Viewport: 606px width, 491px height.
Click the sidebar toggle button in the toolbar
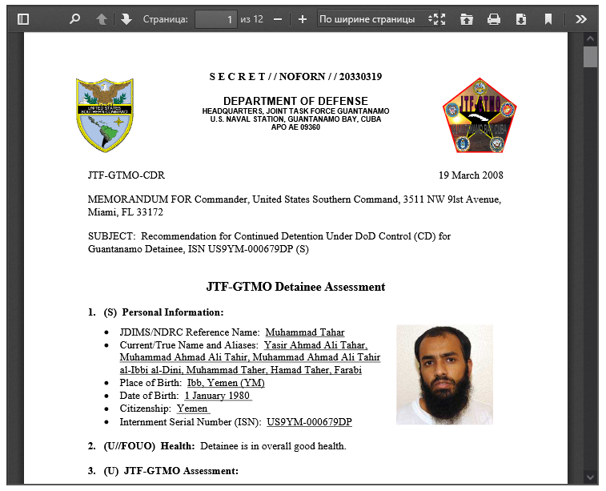(x=23, y=18)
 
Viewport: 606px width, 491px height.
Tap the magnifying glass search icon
(x=74, y=18)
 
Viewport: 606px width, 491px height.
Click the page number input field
(x=215, y=18)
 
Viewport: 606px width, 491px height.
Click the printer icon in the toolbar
(x=494, y=18)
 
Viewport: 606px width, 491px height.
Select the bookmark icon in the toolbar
(x=548, y=18)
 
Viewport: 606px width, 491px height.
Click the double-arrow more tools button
(x=582, y=18)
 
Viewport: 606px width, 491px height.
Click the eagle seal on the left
(x=105, y=115)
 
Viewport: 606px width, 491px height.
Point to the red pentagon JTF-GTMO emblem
(x=480, y=117)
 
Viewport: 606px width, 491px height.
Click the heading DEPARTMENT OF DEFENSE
(x=295, y=101)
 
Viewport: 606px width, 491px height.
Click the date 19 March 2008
(x=471, y=175)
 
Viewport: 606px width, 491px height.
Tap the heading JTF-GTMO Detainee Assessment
(x=295, y=287)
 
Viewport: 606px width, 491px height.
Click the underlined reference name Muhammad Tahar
(x=304, y=332)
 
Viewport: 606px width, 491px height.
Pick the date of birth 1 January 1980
(x=218, y=396)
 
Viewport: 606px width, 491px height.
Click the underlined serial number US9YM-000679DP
(x=309, y=422)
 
